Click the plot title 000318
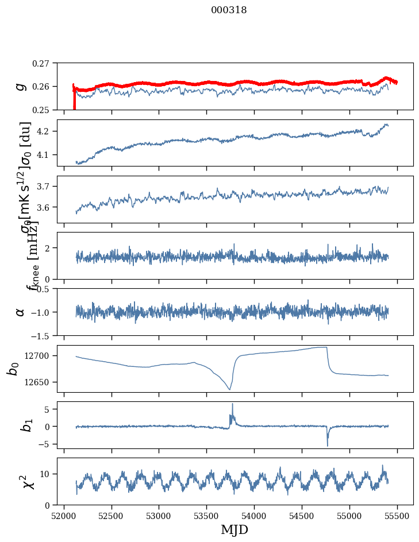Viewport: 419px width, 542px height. [x=229, y=10]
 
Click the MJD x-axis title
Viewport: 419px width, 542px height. [x=235, y=530]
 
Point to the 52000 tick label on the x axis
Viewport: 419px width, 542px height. [x=63, y=515]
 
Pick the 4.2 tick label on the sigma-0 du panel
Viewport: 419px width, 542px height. [x=47, y=131]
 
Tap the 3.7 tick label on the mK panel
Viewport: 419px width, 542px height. [x=47, y=187]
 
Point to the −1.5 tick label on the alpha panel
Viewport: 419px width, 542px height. [x=43, y=335]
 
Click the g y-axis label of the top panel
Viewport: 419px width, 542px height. [x=21, y=86]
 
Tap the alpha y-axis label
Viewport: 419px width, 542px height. [x=21, y=312]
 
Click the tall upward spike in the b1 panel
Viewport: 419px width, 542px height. [x=232, y=404]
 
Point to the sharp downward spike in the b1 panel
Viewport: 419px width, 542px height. [x=328, y=445]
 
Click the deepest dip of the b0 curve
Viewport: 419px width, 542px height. [x=229, y=389]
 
